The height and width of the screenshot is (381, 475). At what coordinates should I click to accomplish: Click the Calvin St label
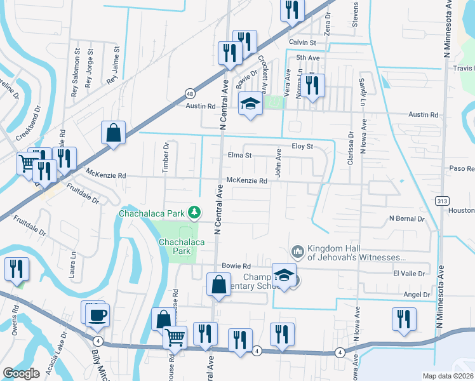point(302,43)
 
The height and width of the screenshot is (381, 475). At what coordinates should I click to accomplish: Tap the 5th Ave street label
point(307,58)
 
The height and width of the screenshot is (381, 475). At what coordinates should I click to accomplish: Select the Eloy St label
point(302,146)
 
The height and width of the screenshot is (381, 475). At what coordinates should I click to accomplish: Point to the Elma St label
point(239,155)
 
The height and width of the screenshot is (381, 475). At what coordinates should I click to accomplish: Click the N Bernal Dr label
point(406,218)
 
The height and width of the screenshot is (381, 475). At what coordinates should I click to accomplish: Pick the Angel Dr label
point(417,295)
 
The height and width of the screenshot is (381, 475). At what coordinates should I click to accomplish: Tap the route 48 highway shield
point(190,93)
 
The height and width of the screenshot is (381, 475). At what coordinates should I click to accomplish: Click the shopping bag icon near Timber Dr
point(113,133)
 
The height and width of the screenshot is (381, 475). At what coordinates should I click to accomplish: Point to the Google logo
point(21,373)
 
